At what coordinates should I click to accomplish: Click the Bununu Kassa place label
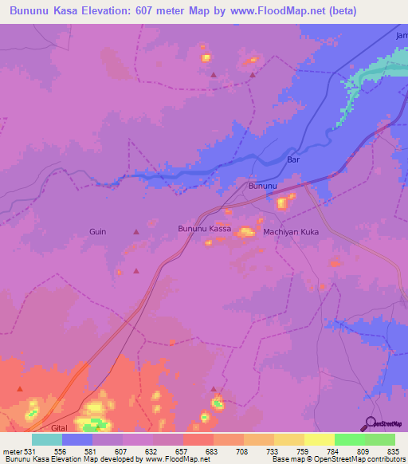[x=204, y=229]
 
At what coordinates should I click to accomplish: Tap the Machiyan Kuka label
[x=291, y=231]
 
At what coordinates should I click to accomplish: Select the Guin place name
[x=97, y=231]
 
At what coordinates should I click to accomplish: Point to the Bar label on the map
[x=292, y=159]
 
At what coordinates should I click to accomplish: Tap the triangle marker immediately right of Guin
[x=135, y=231]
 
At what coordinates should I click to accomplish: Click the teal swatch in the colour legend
[x=46, y=439]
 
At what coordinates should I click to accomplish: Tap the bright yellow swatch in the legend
[x=319, y=439]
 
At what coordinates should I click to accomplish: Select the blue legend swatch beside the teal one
[x=76, y=439]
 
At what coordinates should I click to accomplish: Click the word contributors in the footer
[x=383, y=459]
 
